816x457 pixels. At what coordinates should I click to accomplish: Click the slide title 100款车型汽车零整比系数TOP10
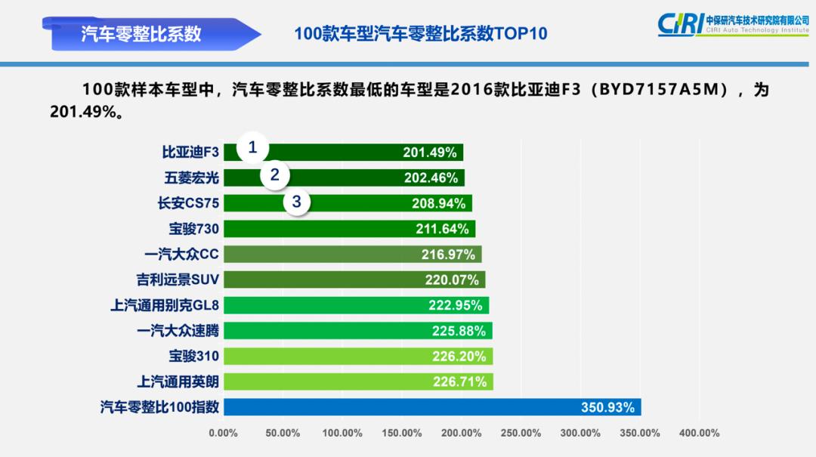pos(420,34)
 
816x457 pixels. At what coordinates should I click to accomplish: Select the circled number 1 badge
pos(253,147)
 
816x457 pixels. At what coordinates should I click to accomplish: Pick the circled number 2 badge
pos(275,175)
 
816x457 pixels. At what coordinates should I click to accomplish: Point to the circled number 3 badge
pos(297,202)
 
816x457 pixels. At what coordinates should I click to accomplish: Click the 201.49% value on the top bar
pos(430,153)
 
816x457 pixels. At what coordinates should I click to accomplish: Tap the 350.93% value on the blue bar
pos(607,408)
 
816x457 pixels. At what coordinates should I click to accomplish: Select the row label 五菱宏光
pos(191,178)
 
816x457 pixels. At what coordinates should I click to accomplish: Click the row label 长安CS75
pos(188,203)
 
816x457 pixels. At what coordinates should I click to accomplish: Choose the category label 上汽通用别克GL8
pos(165,305)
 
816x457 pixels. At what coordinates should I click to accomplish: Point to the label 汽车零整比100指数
pos(159,407)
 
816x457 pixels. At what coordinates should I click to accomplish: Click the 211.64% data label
pos(443,229)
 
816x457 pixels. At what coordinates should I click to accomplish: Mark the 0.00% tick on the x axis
pos(223,434)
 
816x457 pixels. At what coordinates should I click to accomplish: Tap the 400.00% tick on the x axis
pos(699,434)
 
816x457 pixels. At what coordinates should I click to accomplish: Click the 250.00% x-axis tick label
pos(521,434)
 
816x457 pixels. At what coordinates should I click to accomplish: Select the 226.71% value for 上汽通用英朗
pos(460,382)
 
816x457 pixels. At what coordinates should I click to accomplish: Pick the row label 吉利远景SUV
pos(178,279)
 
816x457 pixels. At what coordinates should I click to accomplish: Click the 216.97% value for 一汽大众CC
pos(449,255)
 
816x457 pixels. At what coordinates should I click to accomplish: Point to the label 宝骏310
pos(193,356)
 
